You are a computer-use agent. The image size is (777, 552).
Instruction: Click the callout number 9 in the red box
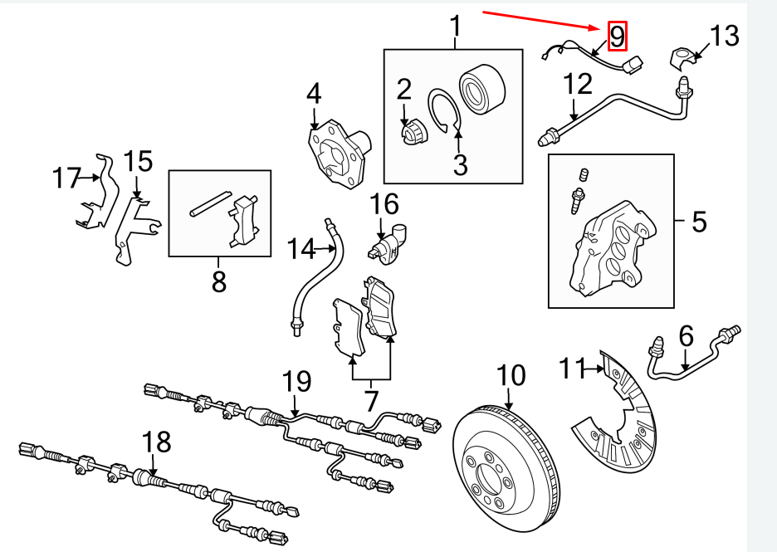(x=617, y=36)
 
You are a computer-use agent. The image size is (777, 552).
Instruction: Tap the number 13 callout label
(x=723, y=36)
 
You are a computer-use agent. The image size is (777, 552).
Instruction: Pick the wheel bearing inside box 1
(x=479, y=86)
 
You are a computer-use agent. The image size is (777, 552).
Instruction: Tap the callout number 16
(x=384, y=203)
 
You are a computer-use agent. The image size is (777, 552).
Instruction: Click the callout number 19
(x=296, y=382)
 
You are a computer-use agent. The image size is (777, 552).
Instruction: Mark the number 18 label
(x=156, y=442)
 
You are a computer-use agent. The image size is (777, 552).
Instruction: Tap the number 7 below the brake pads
(x=370, y=401)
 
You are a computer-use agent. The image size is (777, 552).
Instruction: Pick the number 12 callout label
(x=578, y=84)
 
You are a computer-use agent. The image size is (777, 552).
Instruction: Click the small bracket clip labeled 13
(x=682, y=57)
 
